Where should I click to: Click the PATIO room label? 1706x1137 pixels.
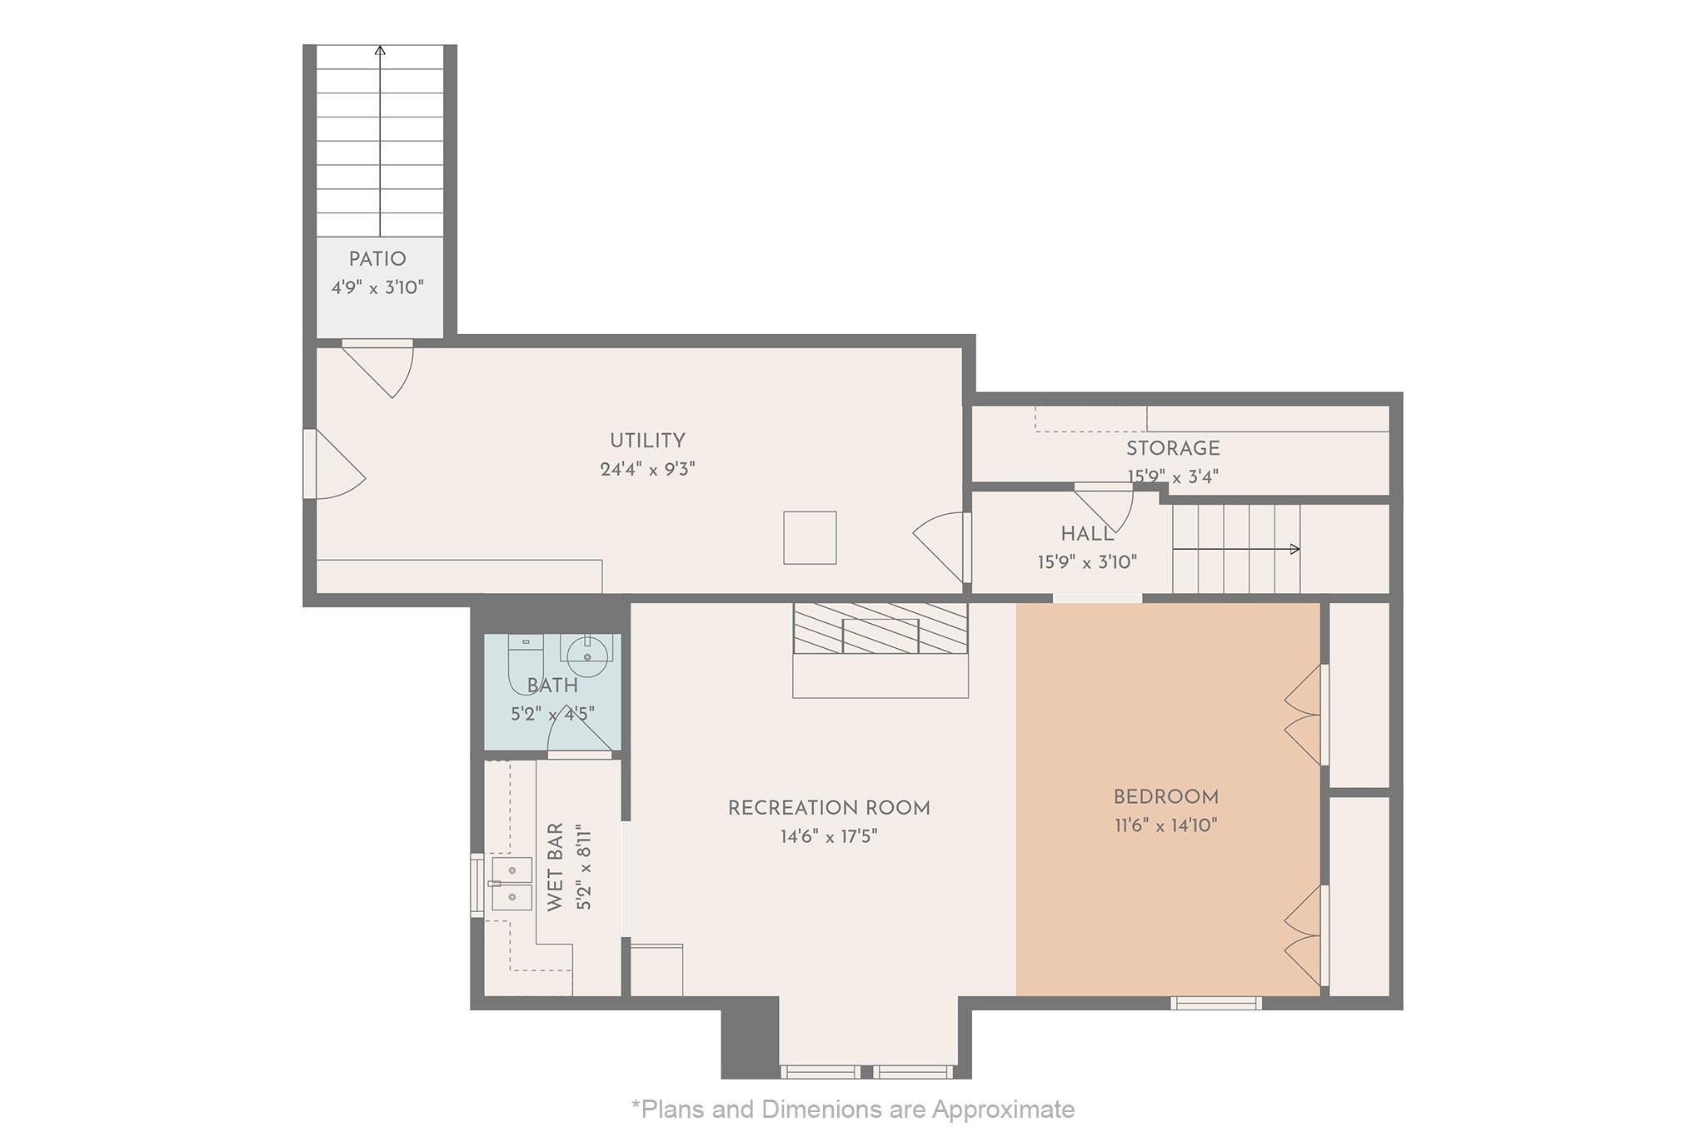[377, 259]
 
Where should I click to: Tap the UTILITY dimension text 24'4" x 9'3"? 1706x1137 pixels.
[647, 469]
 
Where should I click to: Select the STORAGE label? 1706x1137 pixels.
[1173, 448]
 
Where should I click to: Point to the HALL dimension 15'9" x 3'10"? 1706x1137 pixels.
[1087, 562]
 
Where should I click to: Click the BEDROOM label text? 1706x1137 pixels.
[1166, 797]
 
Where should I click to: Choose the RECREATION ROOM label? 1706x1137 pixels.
[829, 808]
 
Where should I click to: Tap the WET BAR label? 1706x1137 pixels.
[556, 867]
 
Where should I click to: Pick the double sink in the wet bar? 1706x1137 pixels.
[511, 883]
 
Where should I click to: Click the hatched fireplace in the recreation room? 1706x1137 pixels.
[880, 628]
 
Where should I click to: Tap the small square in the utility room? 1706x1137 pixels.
[810, 538]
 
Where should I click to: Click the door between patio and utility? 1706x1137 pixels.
[377, 367]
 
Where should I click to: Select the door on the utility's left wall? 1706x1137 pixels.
[334, 464]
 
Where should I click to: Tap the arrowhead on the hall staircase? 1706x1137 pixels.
[1295, 549]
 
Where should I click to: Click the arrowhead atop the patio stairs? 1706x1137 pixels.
[380, 50]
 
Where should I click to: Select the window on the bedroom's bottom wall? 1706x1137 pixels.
[1216, 1003]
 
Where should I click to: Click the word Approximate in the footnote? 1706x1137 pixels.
[1003, 1110]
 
